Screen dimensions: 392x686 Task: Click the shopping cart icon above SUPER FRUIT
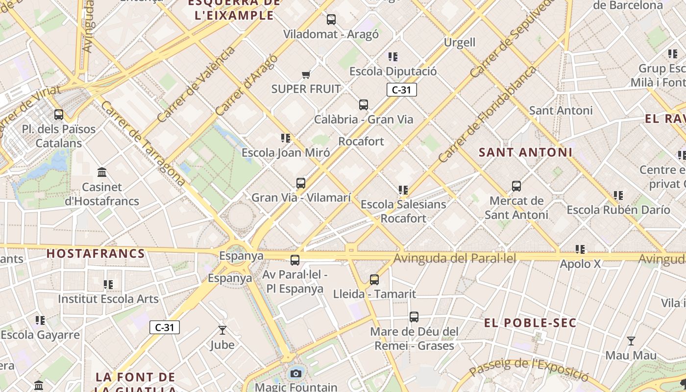click(x=306, y=74)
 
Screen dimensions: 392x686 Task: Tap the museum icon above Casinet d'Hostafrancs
click(x=102, y=172)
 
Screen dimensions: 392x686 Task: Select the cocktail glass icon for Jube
click(x=222, y=330)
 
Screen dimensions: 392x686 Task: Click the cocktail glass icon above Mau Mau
click(x=631, y=341)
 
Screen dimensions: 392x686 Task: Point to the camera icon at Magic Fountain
click(x=295, y=374)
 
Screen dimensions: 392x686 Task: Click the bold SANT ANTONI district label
click(x=525, y=152)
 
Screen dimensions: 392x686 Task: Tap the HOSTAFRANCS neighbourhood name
click(x=96, y=254)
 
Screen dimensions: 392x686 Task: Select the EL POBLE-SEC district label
click(x=530, y=323)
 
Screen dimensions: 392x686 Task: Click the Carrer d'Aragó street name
click(x=246, y=85)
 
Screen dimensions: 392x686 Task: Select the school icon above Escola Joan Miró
click(x=286, y=138)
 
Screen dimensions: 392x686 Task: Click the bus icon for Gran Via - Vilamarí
click(x=301, y=183)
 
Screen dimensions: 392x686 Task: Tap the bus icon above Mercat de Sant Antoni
click(x=516, y=186)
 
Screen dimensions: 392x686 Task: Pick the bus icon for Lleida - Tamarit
click(x=374, y=280)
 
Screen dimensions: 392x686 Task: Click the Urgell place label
click(x=459, y=43)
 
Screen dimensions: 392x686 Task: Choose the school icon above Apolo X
click(x=581, y=249)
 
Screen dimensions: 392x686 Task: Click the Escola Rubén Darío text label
click(x=618, y=210)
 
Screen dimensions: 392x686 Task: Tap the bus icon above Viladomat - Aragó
click(x=331, y=20)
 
